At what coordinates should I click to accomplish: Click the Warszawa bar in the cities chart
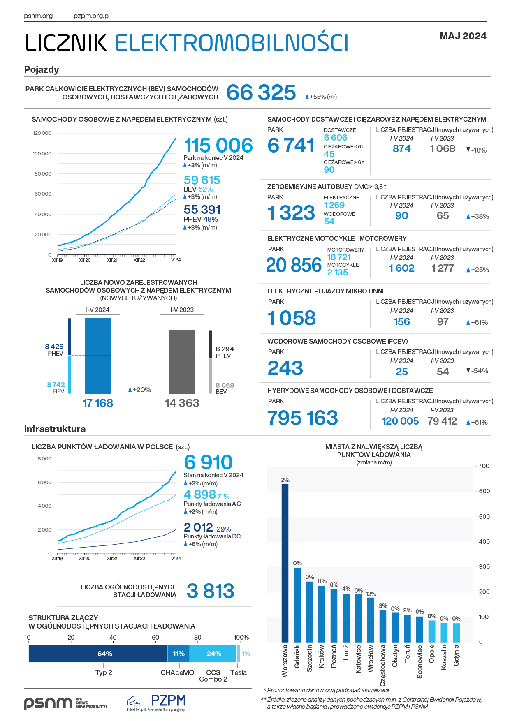point(285,563)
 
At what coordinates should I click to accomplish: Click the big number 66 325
point(261,92)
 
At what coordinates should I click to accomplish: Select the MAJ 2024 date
point(463,36)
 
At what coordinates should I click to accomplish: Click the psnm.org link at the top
point(38,16)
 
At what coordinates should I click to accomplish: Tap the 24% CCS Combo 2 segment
point(213,654)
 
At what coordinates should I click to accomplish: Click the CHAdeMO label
point(177,672)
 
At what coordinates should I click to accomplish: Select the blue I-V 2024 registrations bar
point(98,356)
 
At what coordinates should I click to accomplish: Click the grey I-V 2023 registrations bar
point(182,362)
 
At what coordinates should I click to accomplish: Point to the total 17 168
point(98,403)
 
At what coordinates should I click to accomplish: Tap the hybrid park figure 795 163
point(303,418)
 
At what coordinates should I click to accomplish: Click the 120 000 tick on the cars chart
point(42,133)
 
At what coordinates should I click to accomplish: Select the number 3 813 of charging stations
point(211,591)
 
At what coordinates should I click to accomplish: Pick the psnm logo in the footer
point(48,703)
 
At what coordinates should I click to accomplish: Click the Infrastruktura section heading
point(55,429)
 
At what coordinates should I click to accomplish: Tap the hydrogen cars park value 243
point(285,368)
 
